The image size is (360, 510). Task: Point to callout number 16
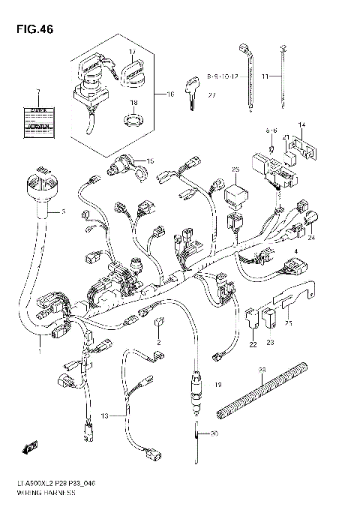click(169, 94)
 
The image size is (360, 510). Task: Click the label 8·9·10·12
click(222, 76)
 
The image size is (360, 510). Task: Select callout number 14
click(303, 124)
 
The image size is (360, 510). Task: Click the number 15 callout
click(149, 161)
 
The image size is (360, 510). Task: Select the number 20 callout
click(214, 434)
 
